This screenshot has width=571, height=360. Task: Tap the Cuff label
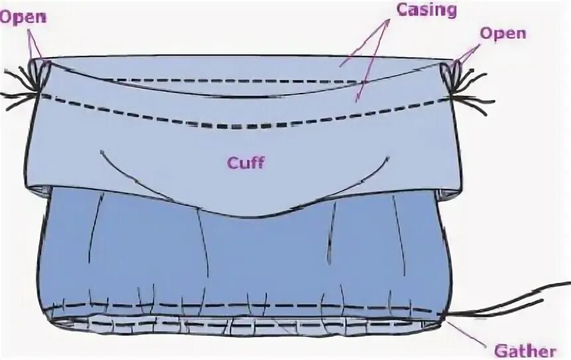(246, 163)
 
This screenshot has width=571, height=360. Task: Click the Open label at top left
(23, 17)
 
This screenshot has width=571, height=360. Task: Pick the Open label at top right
(503, 33)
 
